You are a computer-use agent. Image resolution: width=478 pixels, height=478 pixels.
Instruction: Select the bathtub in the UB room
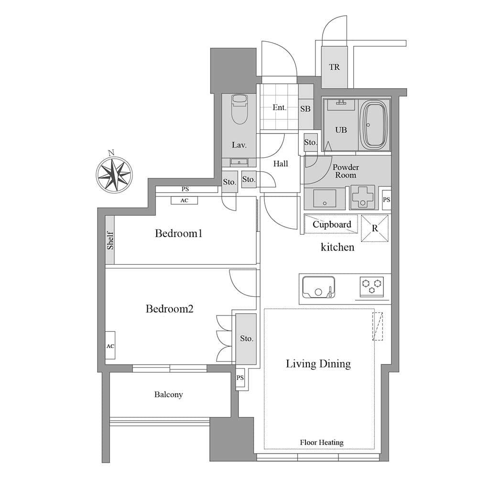click(x=374, y=125)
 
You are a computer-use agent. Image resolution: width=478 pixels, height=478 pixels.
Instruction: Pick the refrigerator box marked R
click(x=375, y=228)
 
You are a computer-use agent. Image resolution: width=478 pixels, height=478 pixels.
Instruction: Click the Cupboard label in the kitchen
click(x=332, y=224)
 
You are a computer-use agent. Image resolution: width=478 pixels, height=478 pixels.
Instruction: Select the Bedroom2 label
click(x=169, y=309)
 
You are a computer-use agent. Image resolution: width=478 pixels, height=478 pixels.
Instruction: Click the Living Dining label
click(x=318, y=364)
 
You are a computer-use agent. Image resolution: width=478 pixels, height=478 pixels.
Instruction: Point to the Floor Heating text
click(x=322, y=443)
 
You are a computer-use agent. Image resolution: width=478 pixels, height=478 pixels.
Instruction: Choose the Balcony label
click(x=168, y=395)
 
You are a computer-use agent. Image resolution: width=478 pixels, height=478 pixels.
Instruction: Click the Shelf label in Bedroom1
click(x=110, y=240)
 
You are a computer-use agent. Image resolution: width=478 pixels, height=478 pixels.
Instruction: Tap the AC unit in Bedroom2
click(x=110, y=346)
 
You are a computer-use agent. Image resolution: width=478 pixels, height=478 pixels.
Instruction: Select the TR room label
click(x=334, y=67)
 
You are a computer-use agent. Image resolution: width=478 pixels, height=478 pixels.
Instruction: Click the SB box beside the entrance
click(x=305, y=109)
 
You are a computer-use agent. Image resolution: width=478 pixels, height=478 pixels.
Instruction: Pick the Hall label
click(x=281, y=164)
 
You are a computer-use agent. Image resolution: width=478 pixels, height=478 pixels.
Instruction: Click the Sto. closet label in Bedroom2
click(x=246, y=338)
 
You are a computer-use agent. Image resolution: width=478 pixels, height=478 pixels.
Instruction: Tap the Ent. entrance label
click(x=279, y=108)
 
